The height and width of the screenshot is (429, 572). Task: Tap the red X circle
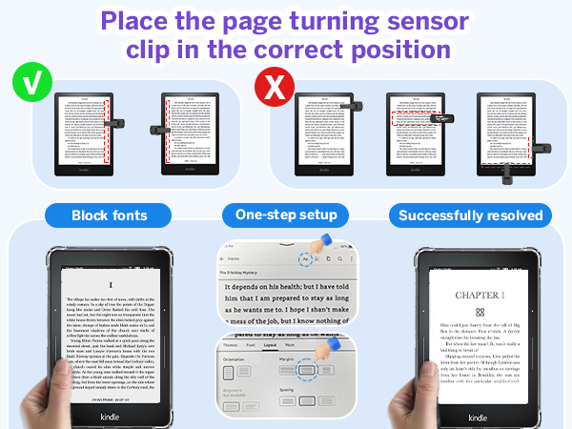tap(272, 89)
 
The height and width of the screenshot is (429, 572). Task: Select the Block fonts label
tap(110, 215)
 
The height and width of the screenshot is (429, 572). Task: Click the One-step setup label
tap(285, 215)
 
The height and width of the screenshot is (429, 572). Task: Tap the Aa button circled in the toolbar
tap(304, 258)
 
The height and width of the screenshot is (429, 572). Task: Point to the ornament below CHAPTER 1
tap(480, 313)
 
